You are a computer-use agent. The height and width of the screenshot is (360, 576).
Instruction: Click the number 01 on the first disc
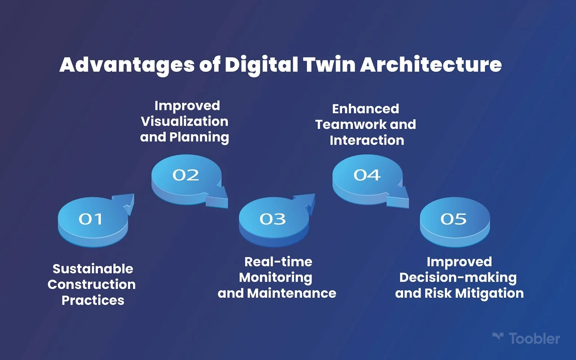point(90,219)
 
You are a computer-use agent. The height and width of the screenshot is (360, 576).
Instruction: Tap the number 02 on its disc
point(186,175)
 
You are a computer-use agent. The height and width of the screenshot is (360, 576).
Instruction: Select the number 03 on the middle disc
point(273,219)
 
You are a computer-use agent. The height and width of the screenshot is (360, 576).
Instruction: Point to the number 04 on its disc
point(367,175)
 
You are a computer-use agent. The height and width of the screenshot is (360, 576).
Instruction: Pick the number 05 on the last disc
point(453,219)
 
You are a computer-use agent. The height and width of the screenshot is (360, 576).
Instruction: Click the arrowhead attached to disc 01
point(126,203)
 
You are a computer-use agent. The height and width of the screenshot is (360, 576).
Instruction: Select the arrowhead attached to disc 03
point(306,203)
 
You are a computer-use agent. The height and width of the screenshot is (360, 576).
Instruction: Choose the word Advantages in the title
point(127,65)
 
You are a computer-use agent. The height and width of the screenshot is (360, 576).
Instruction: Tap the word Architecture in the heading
point(431,64)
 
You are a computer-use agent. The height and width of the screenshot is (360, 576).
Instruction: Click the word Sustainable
point(93,269)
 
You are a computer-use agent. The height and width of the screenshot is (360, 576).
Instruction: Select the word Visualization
point(185,121)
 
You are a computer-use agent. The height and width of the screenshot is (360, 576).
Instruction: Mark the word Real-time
point(278,262)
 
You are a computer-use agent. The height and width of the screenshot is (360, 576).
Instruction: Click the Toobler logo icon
point(498,336)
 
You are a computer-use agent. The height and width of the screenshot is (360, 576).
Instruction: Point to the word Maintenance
point(292,293)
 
